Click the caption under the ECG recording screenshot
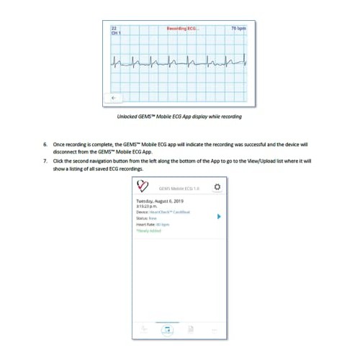click(180, 115)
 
